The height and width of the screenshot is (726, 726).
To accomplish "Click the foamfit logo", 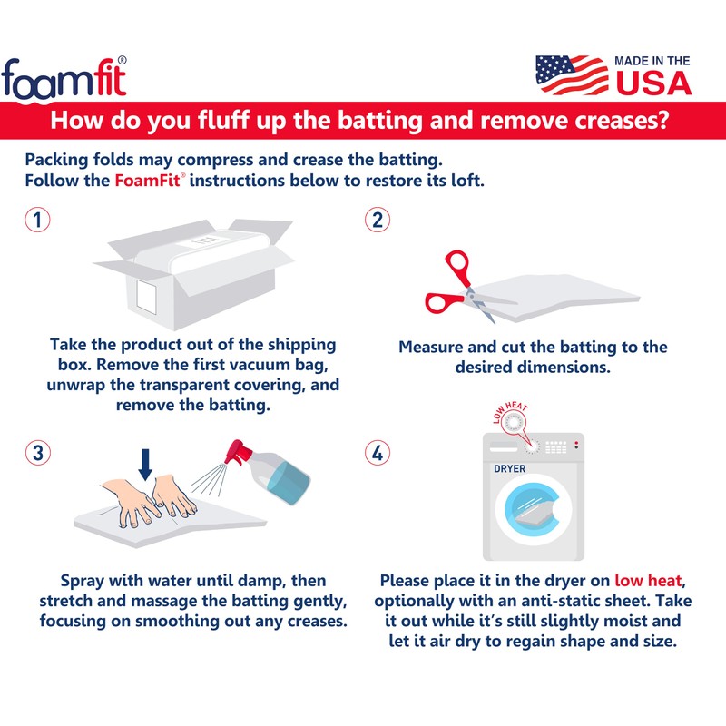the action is (x=64, y=79).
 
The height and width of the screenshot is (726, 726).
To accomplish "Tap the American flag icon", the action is (x=572, y=74).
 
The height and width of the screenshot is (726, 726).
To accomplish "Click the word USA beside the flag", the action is (x=653, y=83).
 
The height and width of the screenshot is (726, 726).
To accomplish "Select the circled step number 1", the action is (x=37, y=220).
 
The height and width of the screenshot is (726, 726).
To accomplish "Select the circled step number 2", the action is (x=378, y=220).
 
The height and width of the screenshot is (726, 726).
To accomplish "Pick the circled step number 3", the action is (x=37, y=453).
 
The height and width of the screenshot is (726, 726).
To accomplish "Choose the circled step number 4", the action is (x=378, y=453).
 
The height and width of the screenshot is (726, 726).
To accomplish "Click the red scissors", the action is (x=463, y=287).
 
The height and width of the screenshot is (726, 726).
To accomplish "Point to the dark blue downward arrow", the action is (x=145, y=465).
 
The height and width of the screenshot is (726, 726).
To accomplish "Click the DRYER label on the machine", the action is (x=510, y=468).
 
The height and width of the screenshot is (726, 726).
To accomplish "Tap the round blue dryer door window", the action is (x=533, y=508).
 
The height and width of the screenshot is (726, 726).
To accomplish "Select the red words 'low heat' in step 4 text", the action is (x=648, y=580).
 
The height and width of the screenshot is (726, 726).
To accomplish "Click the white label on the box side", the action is (x=147, y=297).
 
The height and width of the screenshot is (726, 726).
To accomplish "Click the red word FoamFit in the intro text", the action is (x=147, y=180).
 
